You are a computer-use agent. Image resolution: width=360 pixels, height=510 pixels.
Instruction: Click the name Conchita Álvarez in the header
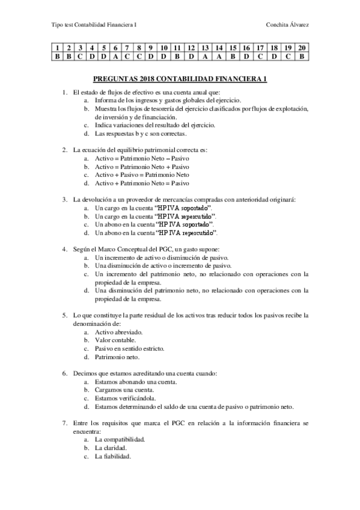pos(291,25)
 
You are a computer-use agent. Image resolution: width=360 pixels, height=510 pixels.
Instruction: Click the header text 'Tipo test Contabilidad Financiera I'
pos(94,25)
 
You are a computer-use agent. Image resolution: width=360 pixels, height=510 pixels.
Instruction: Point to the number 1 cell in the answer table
pos(57,47)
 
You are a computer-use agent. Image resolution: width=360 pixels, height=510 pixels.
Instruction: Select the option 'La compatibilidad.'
pos(120,439)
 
